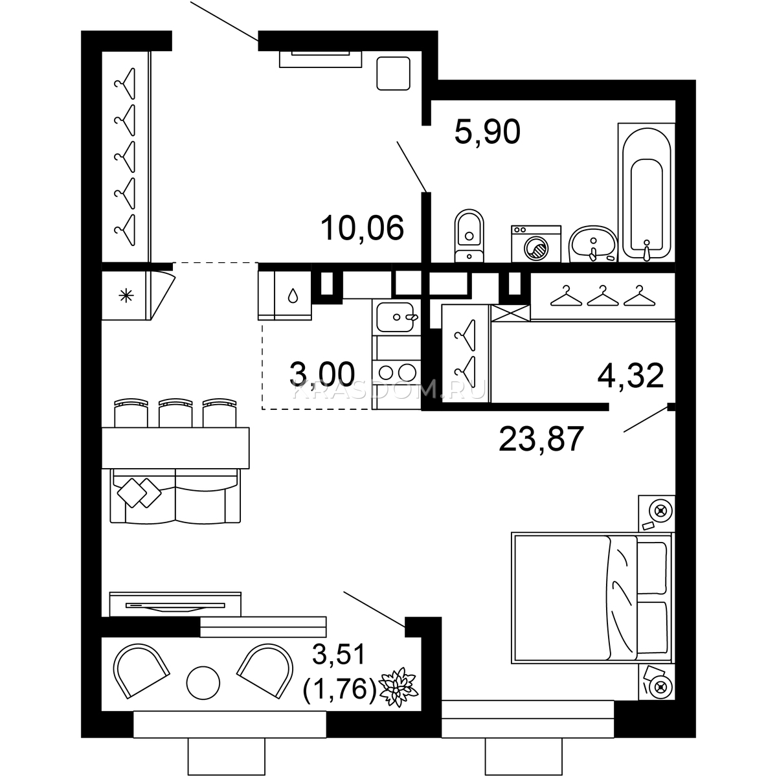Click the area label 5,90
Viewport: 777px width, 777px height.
(487, 132)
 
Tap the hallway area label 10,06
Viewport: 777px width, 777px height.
(362, 228)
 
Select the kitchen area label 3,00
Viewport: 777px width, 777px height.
(322, 374)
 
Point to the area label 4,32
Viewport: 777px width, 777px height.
(630, 376)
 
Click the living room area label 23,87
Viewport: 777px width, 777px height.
(541, 439)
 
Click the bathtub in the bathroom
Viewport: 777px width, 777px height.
(646, 193)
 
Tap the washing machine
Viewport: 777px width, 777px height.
(536, 243)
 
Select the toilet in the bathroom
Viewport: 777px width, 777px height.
(469, 236)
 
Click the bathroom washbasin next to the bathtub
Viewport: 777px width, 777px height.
(592, 244)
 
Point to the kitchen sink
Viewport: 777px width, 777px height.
(396, 317)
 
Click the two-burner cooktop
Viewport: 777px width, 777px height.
(397, 373)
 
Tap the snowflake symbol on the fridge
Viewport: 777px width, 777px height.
(126, 297)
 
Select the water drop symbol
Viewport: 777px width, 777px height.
(293, 295)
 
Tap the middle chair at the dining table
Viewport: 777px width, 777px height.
(175, 412)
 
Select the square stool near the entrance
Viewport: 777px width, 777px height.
(393, 73)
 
